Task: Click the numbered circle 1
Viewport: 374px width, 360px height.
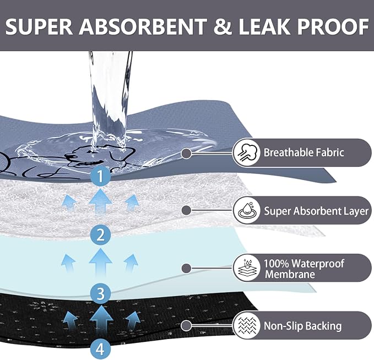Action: tap(100, 177)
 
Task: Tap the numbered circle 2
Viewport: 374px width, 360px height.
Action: tap(100, 234)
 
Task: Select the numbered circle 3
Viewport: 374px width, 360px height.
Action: tap(100, 293)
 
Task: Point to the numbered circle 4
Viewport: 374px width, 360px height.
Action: tap(100, 350)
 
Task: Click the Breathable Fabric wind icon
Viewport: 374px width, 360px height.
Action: tap(247, 152)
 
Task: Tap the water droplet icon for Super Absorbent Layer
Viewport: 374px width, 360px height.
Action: tap(247, 210)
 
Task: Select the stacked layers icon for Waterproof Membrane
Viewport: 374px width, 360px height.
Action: tap(247, 268)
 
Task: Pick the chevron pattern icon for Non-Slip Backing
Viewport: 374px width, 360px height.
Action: tap(247, 325)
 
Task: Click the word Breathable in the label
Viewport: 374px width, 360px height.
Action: tap(288, 152)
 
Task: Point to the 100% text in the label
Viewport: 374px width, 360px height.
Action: tap(276, 264)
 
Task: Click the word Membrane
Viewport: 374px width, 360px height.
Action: tap(290, 274)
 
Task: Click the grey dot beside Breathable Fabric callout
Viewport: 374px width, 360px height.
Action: tap(187, 153)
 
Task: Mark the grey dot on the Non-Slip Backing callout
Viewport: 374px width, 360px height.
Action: tap(186, 325)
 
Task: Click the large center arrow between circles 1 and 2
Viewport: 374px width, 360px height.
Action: tap(100, 201)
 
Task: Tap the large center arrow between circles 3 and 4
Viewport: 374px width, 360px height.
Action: tap(101, 319)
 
